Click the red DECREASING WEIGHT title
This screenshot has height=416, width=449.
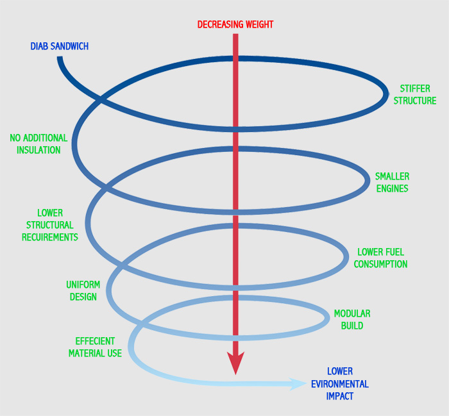click(x=235, y=24)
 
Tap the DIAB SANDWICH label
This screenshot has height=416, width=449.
click(x=59, y=46)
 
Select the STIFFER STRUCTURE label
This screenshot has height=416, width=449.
click(x=414, y=95)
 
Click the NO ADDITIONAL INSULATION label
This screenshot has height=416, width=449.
click(x=38, y=144)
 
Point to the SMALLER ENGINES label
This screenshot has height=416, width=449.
click(x=392, y=182)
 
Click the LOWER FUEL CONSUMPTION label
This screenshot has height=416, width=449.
click(x=382, y=258)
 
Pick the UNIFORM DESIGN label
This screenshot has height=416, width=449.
click(x=83, y=290)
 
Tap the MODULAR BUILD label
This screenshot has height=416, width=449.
click(x=352, y=320)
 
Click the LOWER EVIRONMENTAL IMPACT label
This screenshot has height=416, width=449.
click(x=339, y=384)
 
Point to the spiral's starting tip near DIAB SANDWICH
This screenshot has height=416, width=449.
click(x=60, y=59)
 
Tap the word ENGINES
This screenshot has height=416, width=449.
click(x=392, y=188)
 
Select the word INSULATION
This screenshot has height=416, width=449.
click(x=35, y=150)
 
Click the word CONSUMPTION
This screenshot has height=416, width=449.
click(x=382, y=264)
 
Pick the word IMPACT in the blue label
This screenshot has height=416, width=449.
click(x=339, y=396)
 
